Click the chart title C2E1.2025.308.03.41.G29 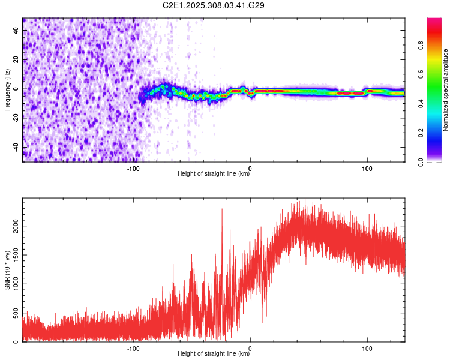coord(214,5)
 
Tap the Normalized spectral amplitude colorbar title coord(446,90)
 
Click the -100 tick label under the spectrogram coord(133,169)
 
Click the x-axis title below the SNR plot coord(214,354)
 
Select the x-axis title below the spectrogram coord(214,174)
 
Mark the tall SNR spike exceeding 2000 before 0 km coord(222,209)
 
